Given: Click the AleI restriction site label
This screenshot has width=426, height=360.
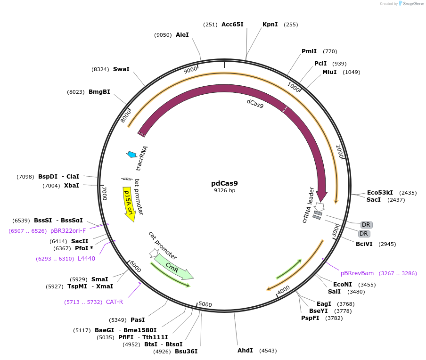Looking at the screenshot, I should (182, 35).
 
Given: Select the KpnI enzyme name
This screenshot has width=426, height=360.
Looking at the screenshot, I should (270, 25).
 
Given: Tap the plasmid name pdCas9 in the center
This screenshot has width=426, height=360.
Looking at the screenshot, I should (224, 183).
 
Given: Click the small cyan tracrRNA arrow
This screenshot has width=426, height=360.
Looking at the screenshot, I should (131, 154).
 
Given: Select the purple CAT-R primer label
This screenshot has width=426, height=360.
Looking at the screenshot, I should (114, 302).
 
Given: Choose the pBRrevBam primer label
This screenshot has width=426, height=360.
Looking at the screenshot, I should (357, 273).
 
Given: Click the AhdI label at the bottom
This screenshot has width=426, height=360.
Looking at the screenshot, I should (245, 351).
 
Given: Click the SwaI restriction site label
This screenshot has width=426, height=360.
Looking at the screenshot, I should (121, 69).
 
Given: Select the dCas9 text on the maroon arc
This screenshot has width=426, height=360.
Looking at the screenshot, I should (255, 103).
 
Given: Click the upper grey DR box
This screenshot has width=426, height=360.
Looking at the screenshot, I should (366, 224).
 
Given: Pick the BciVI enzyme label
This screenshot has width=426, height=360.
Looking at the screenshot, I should (364, 244).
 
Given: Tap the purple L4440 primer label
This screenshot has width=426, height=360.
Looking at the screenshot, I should (86, 259).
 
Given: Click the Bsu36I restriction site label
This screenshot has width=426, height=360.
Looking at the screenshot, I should (186, 351).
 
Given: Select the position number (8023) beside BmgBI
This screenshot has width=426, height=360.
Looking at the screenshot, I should (75, 92).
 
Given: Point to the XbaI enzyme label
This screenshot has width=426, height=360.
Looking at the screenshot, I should (72, 186).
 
